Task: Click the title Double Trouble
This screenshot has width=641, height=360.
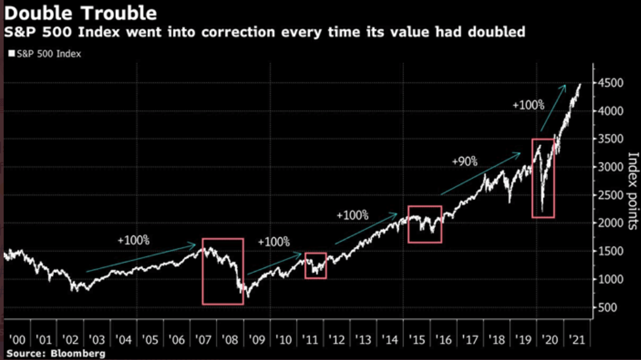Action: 80,13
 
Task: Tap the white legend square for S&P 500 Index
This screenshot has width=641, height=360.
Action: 12,53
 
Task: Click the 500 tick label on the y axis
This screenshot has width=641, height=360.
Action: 607,308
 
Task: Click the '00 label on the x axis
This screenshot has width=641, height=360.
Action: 17,340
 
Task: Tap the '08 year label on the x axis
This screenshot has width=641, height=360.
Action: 230,340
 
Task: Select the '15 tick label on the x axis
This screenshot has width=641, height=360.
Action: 417,340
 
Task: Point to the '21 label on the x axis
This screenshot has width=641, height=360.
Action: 577,340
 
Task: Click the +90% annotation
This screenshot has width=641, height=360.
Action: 465,162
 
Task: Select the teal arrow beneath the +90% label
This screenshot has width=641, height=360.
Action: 481,174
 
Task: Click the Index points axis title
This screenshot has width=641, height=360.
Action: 632,191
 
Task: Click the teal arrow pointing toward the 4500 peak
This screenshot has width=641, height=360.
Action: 553,108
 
